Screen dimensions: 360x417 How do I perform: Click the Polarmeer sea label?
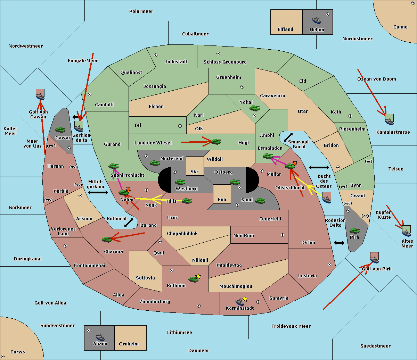coord(141,11)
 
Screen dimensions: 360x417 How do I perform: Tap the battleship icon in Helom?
coord(317,20)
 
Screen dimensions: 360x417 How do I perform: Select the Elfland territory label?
coord(285,30)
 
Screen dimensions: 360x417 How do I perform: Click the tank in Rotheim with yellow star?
coord(194,279)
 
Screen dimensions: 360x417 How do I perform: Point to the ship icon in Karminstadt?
coord(240,302)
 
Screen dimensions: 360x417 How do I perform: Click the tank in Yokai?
coord(255,108)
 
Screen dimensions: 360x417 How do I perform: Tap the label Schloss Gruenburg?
coord(225,62)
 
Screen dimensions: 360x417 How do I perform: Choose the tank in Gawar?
coord(60,129)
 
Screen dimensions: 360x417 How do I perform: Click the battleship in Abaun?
coord(100,337)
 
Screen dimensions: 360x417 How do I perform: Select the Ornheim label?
coord(129,344)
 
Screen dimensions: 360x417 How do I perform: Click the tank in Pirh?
coord(355,231)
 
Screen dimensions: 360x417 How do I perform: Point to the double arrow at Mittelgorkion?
coord(98,192)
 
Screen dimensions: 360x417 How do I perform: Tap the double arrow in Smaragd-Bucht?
coord(288,137)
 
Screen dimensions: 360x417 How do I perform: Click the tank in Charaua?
coord(107,239)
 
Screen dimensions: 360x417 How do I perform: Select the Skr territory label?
coord(195,172)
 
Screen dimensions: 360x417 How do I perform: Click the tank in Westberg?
coord(180,182)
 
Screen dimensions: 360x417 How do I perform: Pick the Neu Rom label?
coord(244,236)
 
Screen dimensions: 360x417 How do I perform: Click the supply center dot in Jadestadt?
coord(156,55)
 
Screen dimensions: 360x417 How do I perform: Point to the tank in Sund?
coord(260,200)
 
